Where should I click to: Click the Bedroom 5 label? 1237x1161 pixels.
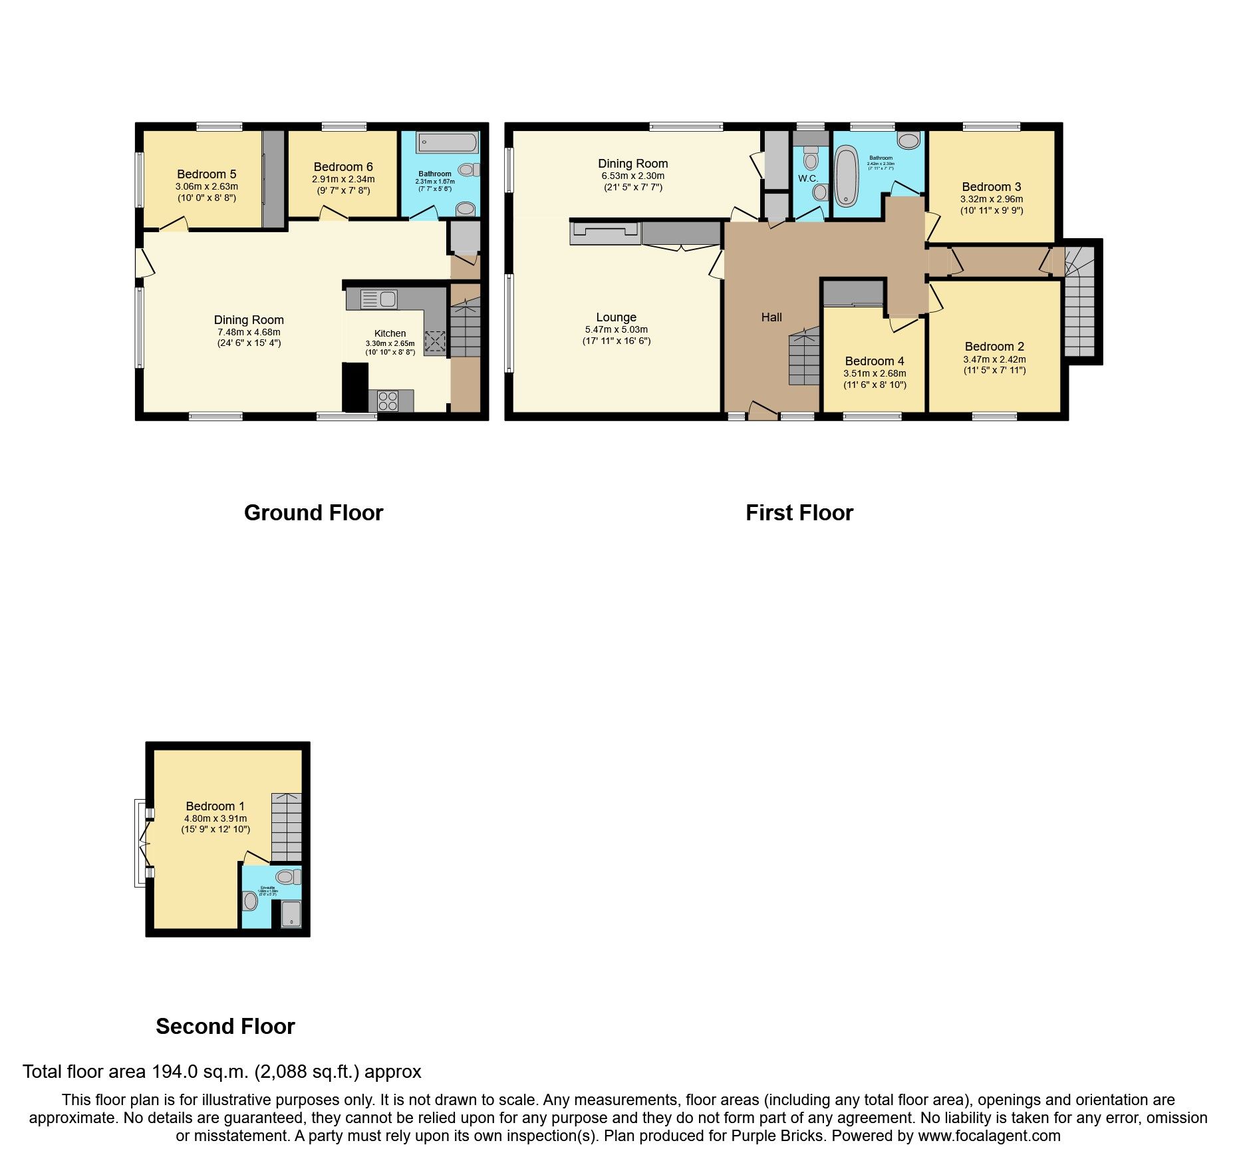coord(206,174)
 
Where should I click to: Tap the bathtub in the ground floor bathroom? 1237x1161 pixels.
coord(447,142)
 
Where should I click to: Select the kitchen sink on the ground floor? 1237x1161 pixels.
coord(379,299)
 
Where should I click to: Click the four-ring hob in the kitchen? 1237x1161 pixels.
coord(388,401)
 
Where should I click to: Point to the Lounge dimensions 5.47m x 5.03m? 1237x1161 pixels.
coord(616,329)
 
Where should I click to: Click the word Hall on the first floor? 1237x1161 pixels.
coord(771,317)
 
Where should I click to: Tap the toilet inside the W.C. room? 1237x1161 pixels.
coord(811,159)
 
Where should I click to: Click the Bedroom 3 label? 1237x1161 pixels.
coord(991,187)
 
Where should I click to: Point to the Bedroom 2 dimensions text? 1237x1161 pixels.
coord(994,365)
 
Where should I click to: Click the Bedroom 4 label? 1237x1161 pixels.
coord(875,361)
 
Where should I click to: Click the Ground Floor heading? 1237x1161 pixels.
coord(313,513)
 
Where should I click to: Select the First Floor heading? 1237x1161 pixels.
coord(799,513)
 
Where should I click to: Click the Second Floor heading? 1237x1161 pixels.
coord(225,1027)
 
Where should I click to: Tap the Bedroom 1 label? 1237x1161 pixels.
coord(215,806)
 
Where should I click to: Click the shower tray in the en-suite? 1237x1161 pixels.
coord(291,913)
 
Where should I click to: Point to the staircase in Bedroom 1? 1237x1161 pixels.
coord(286,827)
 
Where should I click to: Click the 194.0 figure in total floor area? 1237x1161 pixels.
coord(174,1072)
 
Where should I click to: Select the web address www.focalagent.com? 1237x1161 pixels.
coord(989,1136)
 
